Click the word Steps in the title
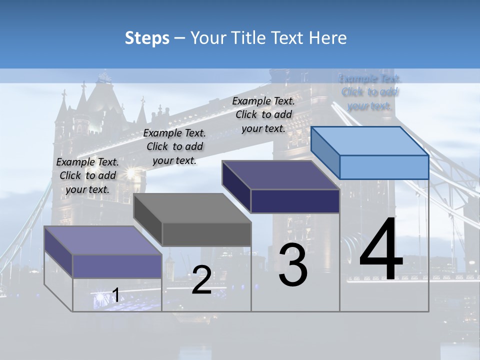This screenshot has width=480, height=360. pos(147,38)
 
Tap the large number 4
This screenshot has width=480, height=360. pos(381,250)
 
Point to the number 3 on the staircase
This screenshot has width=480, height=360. pos(293,265)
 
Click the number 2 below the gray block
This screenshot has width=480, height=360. pos(201,280)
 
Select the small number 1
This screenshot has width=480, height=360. pos(115,295)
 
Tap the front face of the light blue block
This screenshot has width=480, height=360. pos(384,167)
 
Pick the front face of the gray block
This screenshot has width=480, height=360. pos(206,234)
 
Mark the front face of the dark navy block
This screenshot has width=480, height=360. pos(295,201)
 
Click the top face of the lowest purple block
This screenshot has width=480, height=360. pos(103,240)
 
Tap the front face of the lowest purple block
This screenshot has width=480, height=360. pos(117,266)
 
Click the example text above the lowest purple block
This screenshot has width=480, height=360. pos(87,175)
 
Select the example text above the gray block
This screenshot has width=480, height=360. pos(174,146)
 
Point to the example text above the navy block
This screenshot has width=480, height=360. pos(263,114)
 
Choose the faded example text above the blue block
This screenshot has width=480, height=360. pos(370,92)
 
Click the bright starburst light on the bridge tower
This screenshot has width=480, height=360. pos(131,173)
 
